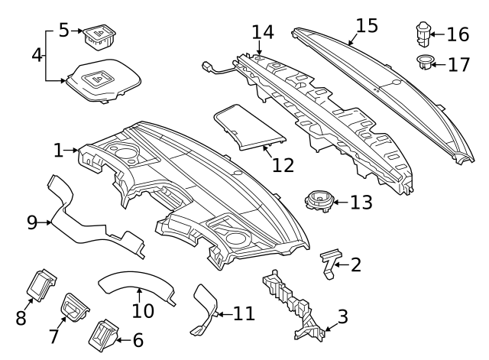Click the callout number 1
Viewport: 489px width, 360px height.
59,151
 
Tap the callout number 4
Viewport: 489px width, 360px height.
36,55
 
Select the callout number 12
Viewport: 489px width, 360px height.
283,164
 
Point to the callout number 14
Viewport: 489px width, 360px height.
262,32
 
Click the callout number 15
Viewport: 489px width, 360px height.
367,25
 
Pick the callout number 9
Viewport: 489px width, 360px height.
32,222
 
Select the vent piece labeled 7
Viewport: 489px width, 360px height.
76,307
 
